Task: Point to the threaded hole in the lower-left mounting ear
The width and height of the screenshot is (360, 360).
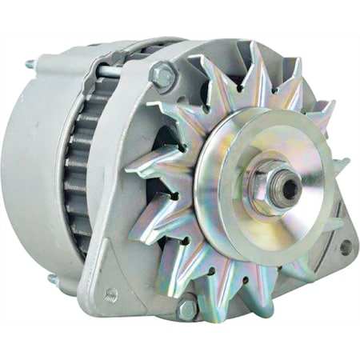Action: (x=110, y=294)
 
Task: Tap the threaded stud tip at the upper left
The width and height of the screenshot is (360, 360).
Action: (x=30, y=63)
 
